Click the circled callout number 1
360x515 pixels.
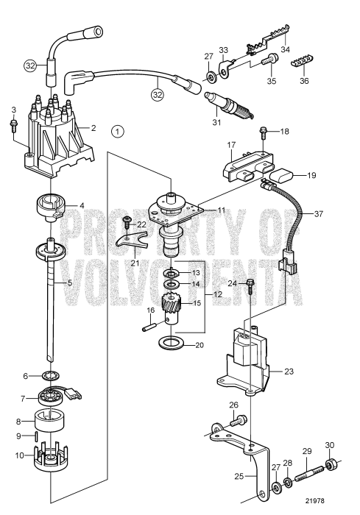(x=117, y=132)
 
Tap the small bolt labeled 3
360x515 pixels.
(x=13, y=126)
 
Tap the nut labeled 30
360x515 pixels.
(x=330, y=465)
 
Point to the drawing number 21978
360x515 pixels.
(x=314, y=501)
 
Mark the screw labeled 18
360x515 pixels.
(x=263, y=132)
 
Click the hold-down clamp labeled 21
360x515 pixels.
(x=131, y=241)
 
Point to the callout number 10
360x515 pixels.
(x=19, y=455)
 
